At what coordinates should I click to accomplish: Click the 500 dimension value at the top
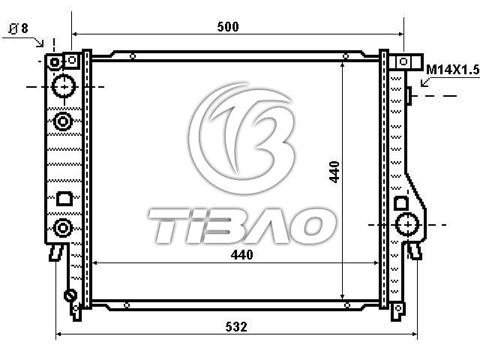click(x=228, y=27)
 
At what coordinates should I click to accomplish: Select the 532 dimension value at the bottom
click(x=236, y=327)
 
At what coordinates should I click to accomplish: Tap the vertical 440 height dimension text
click(x=334, y=172)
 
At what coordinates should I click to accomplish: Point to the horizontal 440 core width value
click(x=241, y=255)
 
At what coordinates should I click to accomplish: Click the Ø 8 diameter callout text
click(x=18, y=28)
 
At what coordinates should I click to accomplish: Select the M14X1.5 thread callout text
click(x=453, y=70)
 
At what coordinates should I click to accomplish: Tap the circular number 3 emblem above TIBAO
click(x=242, y=138)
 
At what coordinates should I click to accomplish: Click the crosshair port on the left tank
click(x=64, y=87)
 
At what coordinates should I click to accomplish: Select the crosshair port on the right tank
click(x=408, y=225)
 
